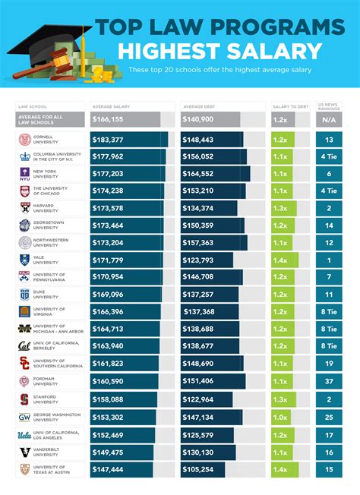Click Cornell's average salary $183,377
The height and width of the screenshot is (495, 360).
[110, 140]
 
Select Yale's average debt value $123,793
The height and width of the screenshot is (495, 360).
[197, 259]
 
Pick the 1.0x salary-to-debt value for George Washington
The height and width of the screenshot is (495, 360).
[280, 417]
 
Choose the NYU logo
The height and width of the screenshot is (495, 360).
[25, 173]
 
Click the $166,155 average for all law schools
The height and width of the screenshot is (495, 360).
[110, 119]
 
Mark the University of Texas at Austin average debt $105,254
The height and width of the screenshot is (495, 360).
[197, 470]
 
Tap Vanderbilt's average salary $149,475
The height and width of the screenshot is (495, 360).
[110, 452]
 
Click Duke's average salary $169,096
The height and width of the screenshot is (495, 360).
[110, 295]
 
